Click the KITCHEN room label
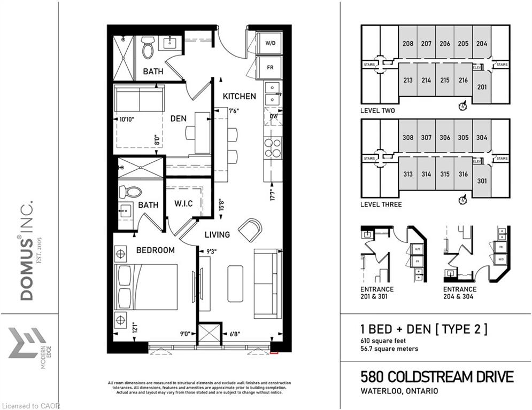(x=239, y=97)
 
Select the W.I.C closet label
(x=183, y=204)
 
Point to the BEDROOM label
(x=155, y=250)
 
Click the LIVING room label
(x=217, y=234)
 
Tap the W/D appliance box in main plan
(x=271, y=43)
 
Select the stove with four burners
(x=273, y=148)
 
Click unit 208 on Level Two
(x=408, y=44)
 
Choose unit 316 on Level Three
(x=463, y=174)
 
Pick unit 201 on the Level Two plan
(x=482, y=87)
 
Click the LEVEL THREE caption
(x=381, y=204)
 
